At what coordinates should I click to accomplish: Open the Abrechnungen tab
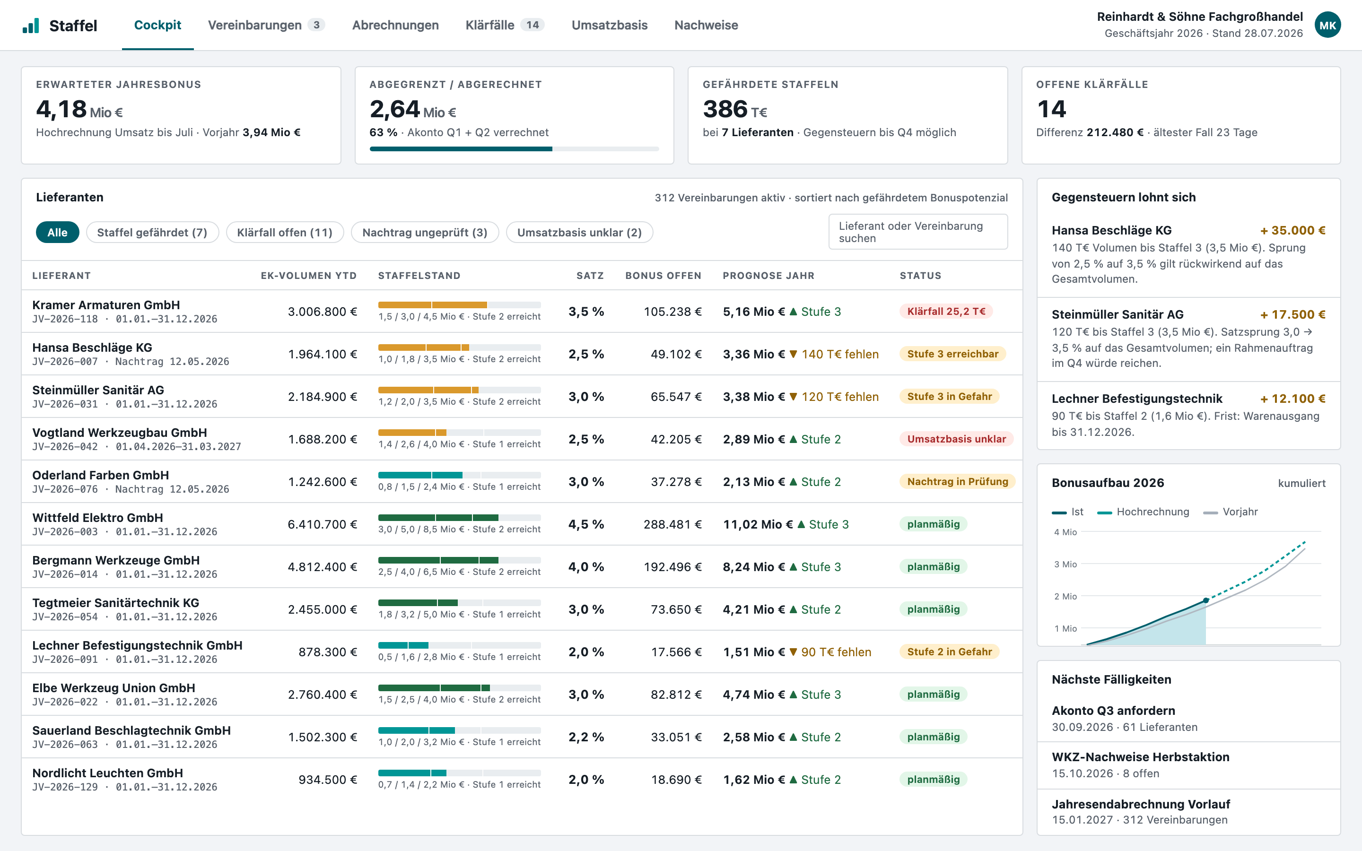coord(395,26)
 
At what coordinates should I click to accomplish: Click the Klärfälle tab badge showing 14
coord(533,25)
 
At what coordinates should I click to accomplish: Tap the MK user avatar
coord(1327,26)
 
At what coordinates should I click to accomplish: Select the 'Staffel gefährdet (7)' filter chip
coord(152,233)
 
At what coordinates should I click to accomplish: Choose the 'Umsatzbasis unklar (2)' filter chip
coord(579,233)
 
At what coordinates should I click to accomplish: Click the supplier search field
coord(917,232)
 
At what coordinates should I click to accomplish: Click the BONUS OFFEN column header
coord(663,276)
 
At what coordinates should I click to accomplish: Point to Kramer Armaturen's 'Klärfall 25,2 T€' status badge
coord(946,311)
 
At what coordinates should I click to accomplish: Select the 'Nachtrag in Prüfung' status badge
coord(957,481)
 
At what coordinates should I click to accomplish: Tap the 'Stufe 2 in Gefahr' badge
coord(950,652)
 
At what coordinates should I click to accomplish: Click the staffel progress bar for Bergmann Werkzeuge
coord(459,560)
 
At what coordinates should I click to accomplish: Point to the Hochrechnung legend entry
coord(1143,512)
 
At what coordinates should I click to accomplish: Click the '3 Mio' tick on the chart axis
coord(1065,564)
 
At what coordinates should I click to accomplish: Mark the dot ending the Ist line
coord(1205,600)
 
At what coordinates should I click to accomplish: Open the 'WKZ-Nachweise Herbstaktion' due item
coord(1140,764)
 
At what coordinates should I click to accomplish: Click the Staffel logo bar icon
coord(31,26)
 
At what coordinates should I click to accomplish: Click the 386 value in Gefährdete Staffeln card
coord(725,109)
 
